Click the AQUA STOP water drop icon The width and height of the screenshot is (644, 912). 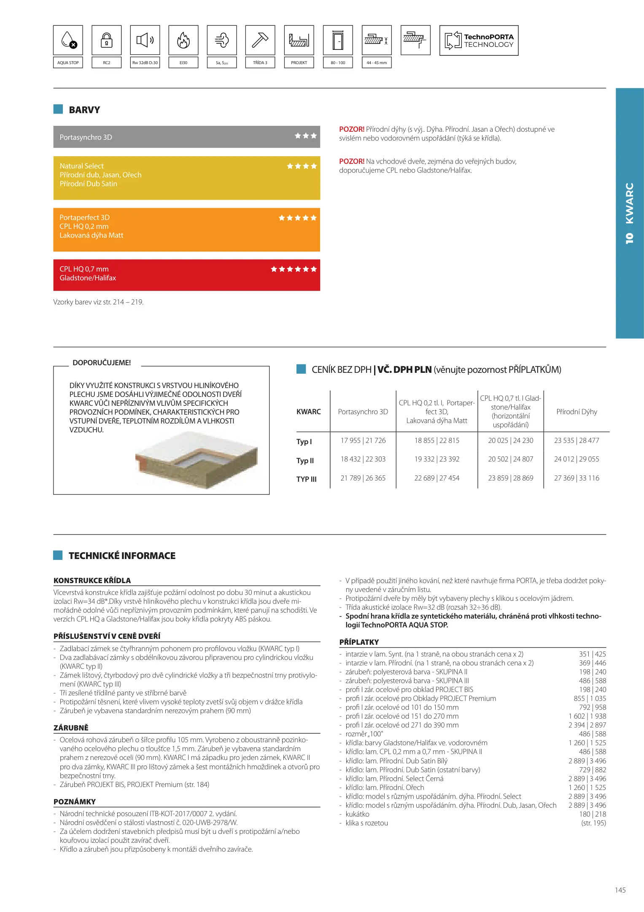click(68, 40)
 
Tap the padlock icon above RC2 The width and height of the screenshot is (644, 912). click(107, 40)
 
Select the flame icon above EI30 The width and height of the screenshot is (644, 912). click(183, 40)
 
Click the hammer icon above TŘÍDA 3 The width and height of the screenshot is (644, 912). click(260, 40)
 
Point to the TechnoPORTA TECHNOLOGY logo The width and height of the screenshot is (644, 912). click(479, 41)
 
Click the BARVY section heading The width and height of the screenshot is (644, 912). click(84, 110)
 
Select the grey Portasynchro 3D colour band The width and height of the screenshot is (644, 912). click(186, 137)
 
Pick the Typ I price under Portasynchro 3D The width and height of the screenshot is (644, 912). click(363, 440)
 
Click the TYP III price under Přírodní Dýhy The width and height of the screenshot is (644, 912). click(577, 478)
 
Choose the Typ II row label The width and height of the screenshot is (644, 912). click(305, 461)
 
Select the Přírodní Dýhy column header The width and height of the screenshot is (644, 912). click(577, 412)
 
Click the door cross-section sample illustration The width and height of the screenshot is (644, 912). click(196, 460)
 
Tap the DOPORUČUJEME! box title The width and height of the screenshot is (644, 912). click(102, 363)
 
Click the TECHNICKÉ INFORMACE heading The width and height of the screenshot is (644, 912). click(122, 556)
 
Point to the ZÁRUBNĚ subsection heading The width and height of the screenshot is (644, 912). click(71, 727)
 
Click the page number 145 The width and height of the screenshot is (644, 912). click(620, 890)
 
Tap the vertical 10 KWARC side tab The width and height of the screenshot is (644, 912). click(630, 213)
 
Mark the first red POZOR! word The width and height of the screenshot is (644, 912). click(351, 129)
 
